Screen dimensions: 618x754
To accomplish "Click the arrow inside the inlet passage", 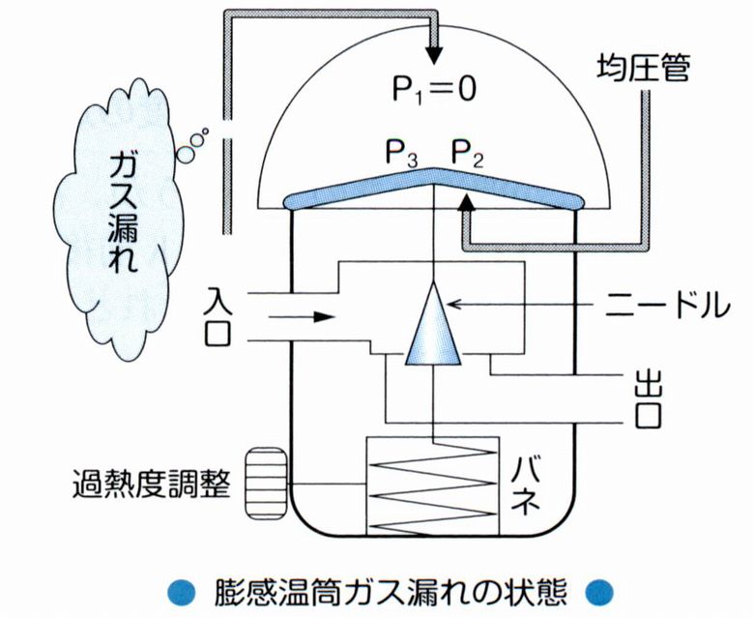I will [x=310, y=314].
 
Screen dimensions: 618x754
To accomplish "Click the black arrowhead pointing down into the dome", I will [x=434, y=53].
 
